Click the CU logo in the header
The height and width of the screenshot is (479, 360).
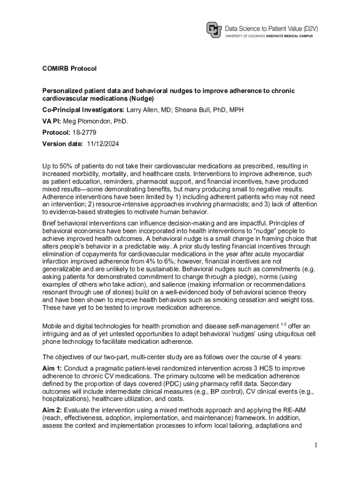point(214,30)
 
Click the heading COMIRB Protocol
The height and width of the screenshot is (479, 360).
point(69,69)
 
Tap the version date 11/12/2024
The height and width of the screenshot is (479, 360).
point(103,144)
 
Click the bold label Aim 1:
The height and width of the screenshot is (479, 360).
point(52,368)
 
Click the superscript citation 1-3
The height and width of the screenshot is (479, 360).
point(283,324)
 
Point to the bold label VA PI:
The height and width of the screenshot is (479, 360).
point(52,121)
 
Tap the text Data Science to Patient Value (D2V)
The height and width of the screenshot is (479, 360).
point(271,28)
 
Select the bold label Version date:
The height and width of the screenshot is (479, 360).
point(63,144)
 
